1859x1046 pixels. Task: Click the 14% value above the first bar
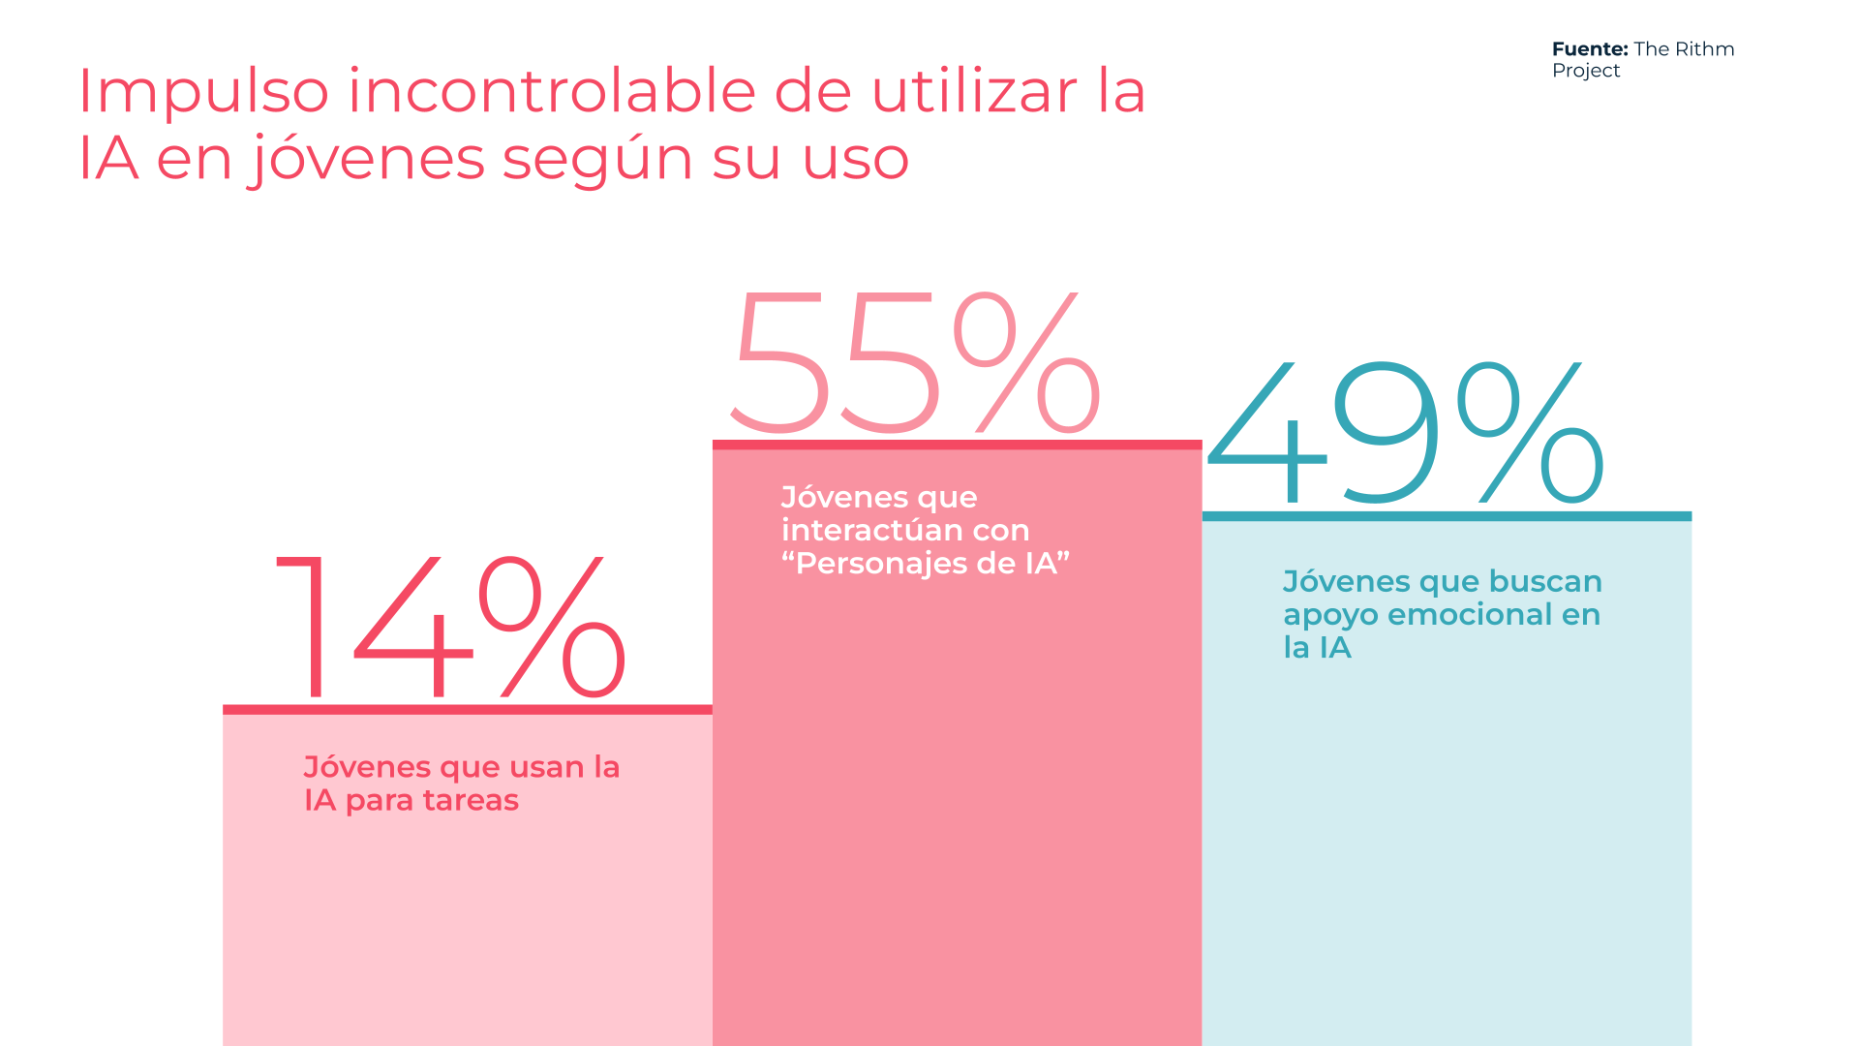(x=451, y=627)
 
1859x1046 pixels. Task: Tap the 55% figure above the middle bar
(x=915, y=362)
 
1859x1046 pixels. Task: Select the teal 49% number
(x=1406, y=433)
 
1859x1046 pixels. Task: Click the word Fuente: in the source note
(x=1590, y=49)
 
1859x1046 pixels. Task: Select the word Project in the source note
(x=1586, y=71)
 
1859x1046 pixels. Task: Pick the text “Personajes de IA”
(x=926, y=564)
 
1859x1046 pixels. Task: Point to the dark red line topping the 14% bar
(x=468, y=710)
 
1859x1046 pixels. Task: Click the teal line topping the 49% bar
(x=1447, y=516)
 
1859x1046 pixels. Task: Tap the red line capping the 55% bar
(x=958, y=445)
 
